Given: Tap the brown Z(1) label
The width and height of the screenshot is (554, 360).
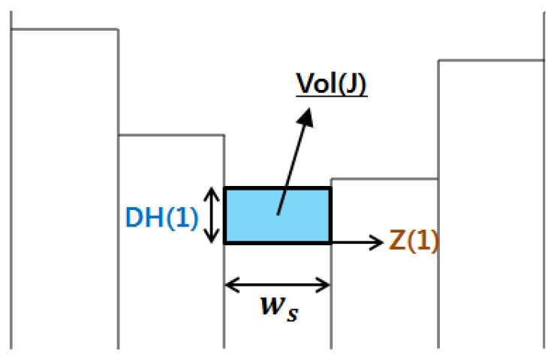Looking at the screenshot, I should point(414,241).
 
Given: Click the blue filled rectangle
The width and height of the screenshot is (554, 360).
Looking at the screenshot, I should point(277,215).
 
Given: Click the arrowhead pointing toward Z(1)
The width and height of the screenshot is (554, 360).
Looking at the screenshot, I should point(378,242).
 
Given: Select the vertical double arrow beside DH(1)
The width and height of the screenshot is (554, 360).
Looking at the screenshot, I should point(214,215).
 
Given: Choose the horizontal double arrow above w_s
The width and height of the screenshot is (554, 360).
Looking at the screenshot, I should point(277,285).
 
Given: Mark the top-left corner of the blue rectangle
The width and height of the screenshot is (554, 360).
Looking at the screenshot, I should point(225,188).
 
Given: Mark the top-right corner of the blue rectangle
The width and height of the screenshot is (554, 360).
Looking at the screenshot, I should point(330,188).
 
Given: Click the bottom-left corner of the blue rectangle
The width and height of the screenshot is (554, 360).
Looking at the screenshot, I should point(225,242).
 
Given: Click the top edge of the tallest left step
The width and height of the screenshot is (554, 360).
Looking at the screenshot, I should point(64,29).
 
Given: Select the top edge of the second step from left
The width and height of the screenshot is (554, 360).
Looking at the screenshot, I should point(171,135).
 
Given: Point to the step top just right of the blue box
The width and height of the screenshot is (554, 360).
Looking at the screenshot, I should point(384,178).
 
